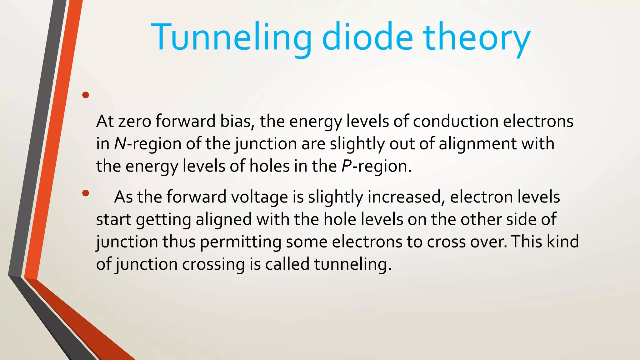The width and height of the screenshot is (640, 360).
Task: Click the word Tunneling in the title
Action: tap(231, 37)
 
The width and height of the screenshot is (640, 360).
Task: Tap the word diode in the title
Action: tap(367, 37)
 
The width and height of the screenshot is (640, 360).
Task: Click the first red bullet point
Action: tap(85, 95)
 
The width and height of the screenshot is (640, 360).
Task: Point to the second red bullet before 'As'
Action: tap(85, 193)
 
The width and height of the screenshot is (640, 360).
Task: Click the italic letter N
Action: tap(120, 144)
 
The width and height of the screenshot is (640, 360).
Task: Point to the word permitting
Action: tap(241, 242)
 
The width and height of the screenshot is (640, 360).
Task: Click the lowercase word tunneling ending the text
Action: tap(352, 264)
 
